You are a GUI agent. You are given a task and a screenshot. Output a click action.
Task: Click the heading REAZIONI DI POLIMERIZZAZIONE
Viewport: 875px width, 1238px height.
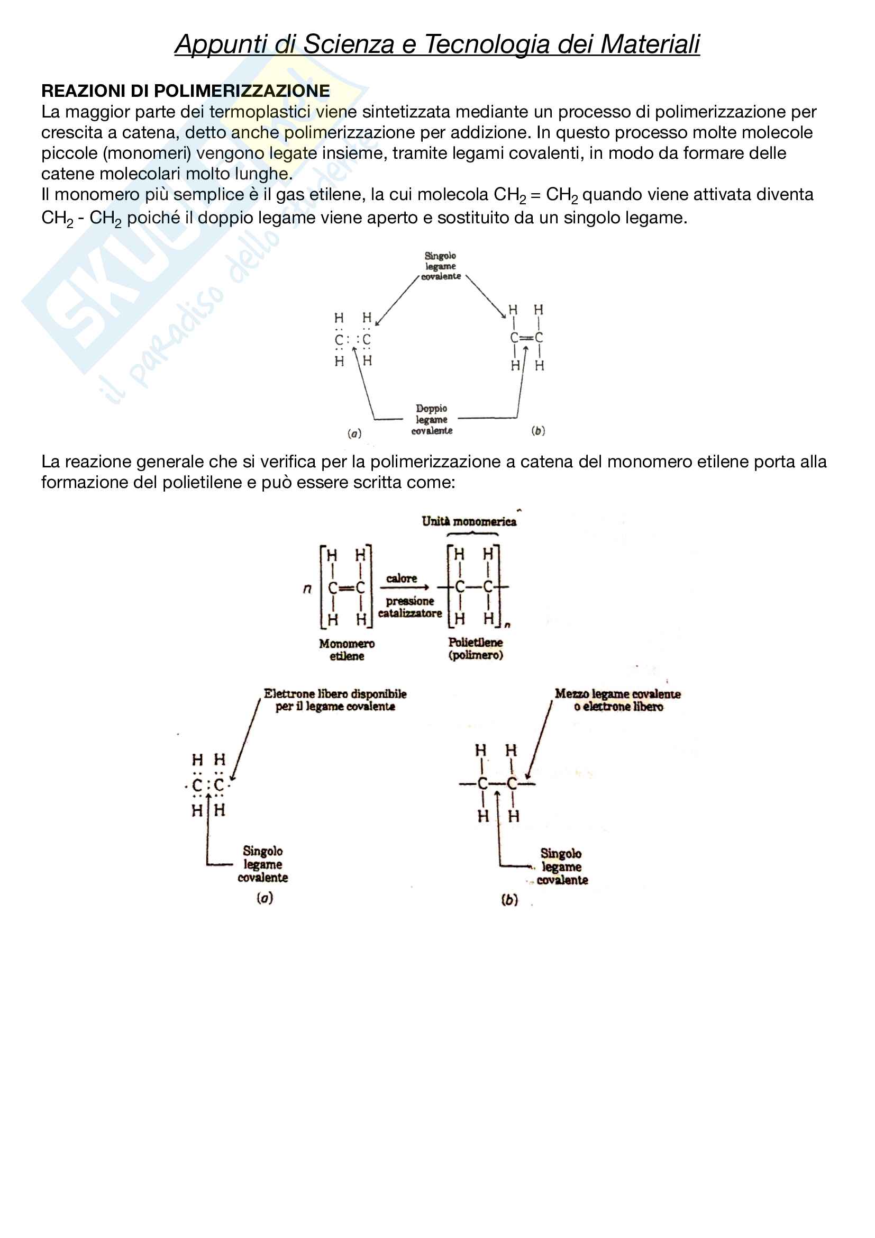pyautogui.click(x=185, y=91)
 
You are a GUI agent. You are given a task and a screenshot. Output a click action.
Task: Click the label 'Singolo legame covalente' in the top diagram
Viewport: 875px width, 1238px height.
pyautogui.click(x=441, y=266)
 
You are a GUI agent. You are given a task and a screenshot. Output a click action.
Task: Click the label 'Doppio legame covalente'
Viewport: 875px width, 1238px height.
pyautogui.click(x=432, y=420)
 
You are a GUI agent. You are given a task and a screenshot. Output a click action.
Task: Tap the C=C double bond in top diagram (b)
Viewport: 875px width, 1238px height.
pyautogui.click(x=526, y=338)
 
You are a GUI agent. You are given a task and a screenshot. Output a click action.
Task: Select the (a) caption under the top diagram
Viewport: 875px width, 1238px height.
pyautogui.click(x=354, y=433)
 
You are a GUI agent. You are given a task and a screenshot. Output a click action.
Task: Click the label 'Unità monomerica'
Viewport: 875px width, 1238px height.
pyautogui.click(x=469, y=521)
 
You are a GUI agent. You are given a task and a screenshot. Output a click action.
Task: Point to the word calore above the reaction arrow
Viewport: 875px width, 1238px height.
pyautogui.click(x=402, y=579)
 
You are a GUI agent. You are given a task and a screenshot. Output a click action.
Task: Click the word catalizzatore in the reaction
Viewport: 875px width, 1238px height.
pyautogui.click(x=410, y=613)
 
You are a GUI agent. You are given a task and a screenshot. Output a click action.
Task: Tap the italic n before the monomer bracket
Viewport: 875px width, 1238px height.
pyautogui.click(x=307, y=588)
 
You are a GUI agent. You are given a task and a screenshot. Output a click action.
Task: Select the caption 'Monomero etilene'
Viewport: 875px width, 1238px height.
pyautogui.click(x=347, y=650)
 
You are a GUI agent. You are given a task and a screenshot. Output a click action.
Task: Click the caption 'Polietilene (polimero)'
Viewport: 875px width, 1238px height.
pyautogui.click(x=476, y=649)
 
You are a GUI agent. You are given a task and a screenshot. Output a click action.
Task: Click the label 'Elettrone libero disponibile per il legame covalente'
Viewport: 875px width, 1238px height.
pyautogui.click(x=335, y=700)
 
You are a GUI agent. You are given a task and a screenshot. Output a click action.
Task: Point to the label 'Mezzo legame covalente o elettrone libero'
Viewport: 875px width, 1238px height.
pyautogui.click(x=618, y=700)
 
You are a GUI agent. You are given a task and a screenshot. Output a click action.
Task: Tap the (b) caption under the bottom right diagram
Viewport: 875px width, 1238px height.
pyautogui.click(x=509, y=899)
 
